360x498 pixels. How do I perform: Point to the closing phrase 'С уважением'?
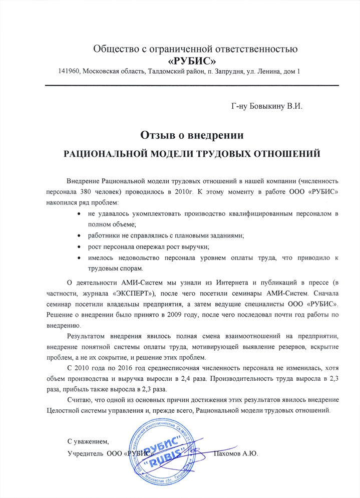pyautogui.click(x=88, y=441)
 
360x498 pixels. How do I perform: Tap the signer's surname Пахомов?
pyautogui.click(x=227, y=453)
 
